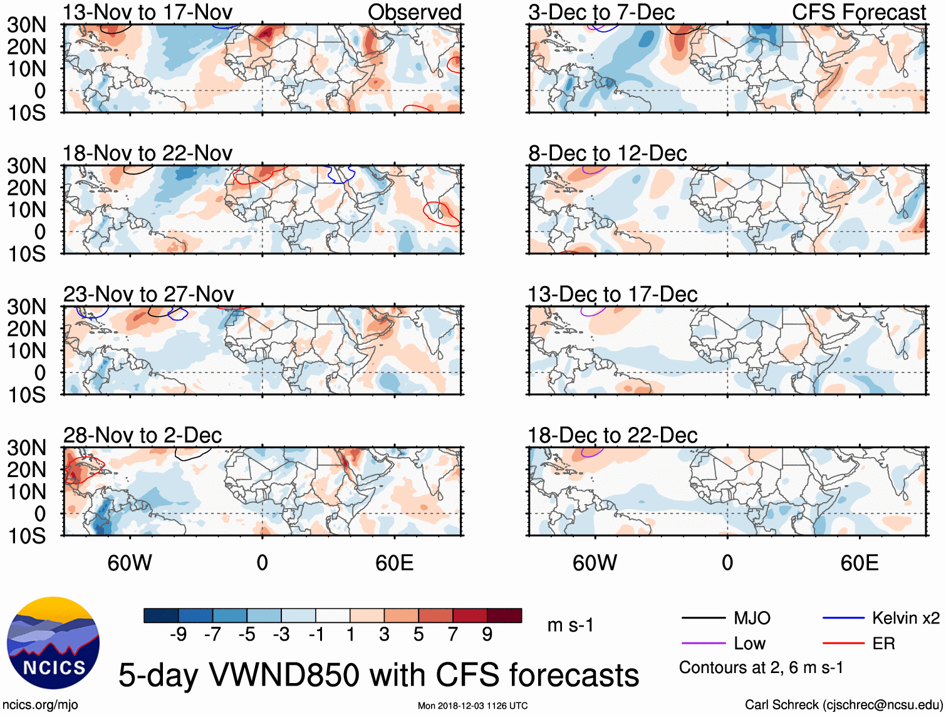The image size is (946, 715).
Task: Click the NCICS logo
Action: point(53,643)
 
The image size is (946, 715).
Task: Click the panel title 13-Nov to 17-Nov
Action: point(147,12)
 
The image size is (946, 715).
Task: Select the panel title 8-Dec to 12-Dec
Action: point(607,153)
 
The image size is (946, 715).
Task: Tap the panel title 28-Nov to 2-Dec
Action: point(142,435)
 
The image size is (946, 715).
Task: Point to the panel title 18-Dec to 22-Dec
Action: point(612,435)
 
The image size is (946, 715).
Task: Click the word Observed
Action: point(414,12)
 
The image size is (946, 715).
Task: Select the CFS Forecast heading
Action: point(858,12)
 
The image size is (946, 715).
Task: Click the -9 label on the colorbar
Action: point(178,635)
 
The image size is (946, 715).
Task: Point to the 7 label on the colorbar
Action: point(453,635)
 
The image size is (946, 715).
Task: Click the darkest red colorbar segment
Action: point(504,615)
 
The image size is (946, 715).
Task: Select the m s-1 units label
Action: point(570,625)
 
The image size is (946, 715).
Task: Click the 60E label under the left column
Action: point(394,563)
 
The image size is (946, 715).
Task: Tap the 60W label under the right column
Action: point(595,563)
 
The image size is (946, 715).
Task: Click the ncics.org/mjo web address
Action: point(40,705)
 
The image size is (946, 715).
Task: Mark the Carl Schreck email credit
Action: point(843,705)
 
